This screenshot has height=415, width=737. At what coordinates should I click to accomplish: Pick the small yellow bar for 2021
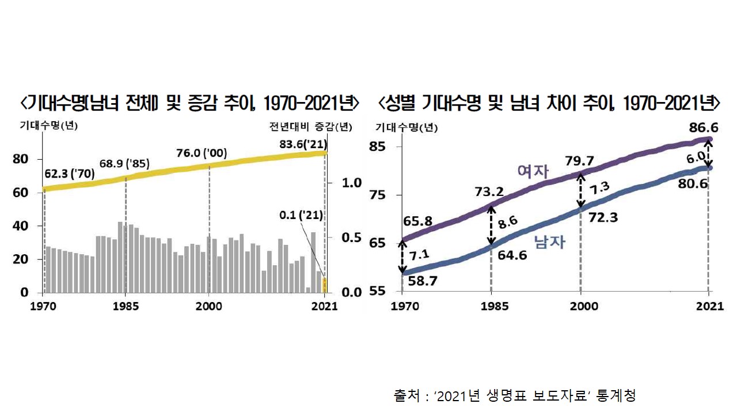click(325, 285)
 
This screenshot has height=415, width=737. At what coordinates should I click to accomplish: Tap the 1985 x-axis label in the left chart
click(125, 306)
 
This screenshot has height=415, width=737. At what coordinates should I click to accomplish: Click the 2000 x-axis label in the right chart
click(581, 306)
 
